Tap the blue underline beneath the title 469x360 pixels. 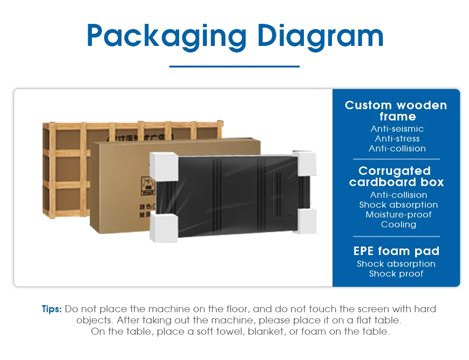[234, 67]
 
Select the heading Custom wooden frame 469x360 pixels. [396, 111]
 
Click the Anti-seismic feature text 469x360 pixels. [397, 129]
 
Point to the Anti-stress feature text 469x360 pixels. [397, 139]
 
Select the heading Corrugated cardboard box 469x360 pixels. [396, 176]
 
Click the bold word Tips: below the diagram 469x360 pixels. [52, 309]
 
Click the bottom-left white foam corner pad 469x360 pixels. [163, 227]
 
